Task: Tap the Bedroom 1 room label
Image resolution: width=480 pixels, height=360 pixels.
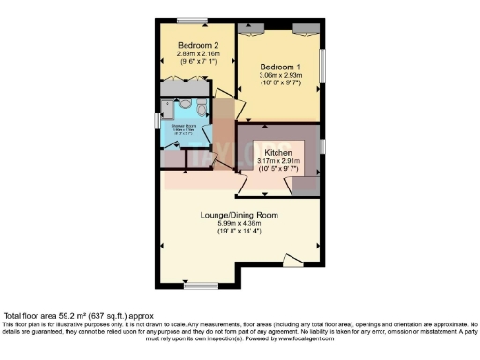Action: (279, 66)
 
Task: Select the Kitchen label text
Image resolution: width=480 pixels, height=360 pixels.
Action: (278, 152)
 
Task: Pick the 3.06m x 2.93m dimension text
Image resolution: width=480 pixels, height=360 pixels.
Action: (279, 75)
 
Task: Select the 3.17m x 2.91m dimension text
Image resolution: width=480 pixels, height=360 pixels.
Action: (278, 161)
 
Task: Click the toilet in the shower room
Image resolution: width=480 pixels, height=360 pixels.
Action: (185, 106)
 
